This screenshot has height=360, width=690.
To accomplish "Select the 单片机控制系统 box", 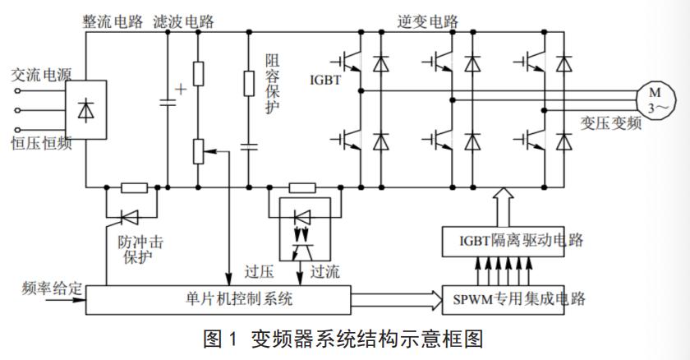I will (x=218, y=298).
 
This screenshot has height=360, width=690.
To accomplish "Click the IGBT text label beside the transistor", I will (x=324, y=81).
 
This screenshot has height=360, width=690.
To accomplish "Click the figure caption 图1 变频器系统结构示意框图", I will (x=344, y=339).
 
